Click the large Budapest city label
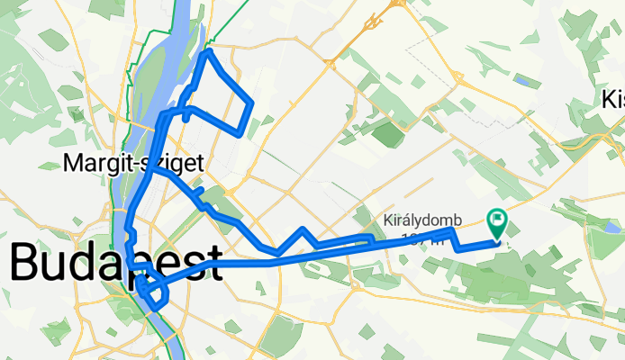click(115, 264)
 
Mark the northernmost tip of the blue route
click(209, 51)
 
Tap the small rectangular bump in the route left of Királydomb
click(367, 239)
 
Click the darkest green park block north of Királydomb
click(388, 135)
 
